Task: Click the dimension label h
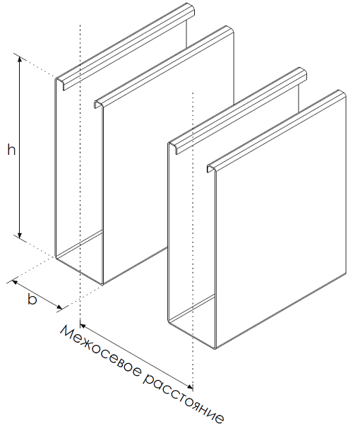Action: (11, 150)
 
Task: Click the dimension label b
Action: (32, 300)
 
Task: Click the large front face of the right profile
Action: (281, 222)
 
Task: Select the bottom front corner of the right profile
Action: (215, 348)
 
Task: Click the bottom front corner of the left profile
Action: (102, 284)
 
